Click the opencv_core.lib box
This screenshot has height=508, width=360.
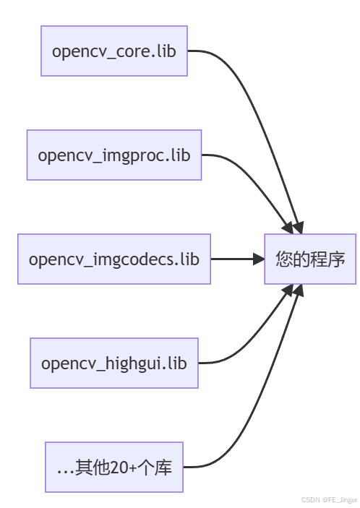tap(113, 51)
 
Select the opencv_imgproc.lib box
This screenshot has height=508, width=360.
tap(113, 155)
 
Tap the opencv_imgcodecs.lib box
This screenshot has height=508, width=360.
tap(113, 259)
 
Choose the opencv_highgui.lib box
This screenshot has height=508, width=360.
tap(113, 363)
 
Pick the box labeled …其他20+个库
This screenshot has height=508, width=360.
tap(113, 467)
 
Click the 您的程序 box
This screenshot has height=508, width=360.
tap(310, 259)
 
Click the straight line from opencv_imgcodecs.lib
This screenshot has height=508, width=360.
tap(231, 259)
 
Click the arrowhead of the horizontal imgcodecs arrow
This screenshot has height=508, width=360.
tap(259, 259)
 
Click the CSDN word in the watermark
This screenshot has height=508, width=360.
tap(311, 499)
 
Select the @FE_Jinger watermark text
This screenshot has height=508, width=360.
tap(340, 499)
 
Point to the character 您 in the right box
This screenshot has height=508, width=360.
tap(283, 259)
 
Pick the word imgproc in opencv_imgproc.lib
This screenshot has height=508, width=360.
tap(137, 155)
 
